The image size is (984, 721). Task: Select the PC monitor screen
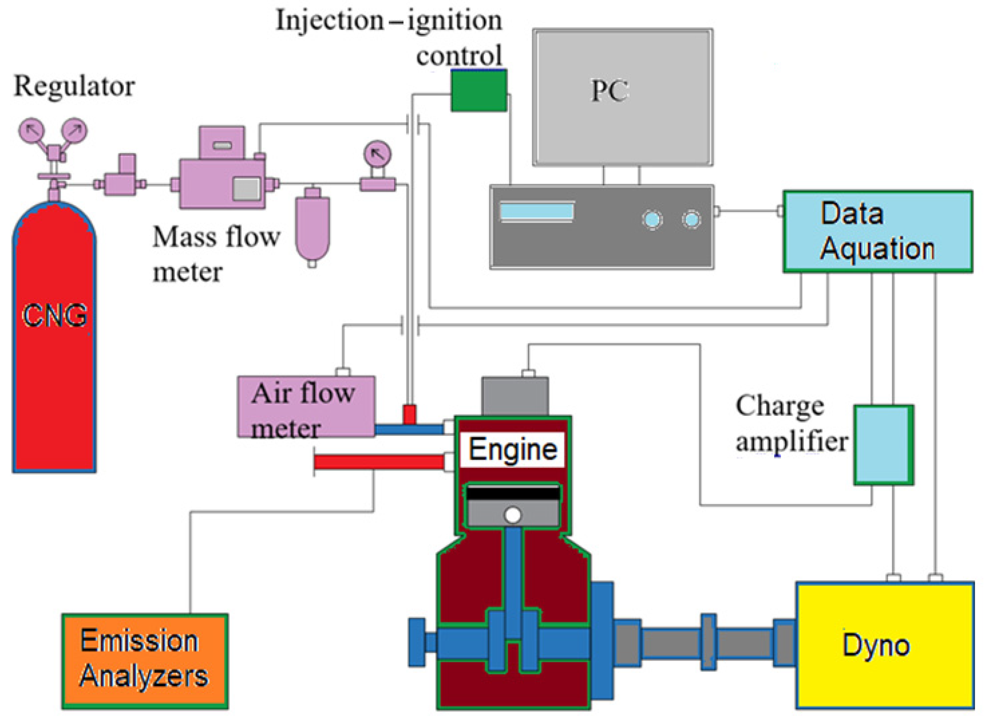pyautogui.click(x=622, y=97)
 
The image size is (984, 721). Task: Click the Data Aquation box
pyautogui.click(x=877, y=231)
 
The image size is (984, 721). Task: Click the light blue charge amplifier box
pyautogui.click(x=883, y=445)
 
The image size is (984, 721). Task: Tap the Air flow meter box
pyautogui.click(x=306, y=406)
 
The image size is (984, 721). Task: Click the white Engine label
pyautogui.click(x=512, y=450)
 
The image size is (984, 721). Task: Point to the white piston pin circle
pyautogui.click(x=512, y=515)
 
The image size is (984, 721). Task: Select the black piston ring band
pyautogui.click(x=512, y=493)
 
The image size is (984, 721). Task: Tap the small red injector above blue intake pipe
pyautogui.click(x=409, y=414)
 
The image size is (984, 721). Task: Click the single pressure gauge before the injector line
pyautogui.click(x=377, y=153)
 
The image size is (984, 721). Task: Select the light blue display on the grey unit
pyautogui.click(x=536, y=212)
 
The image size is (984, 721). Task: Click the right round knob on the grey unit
pyautogui.click(x=691, y=219)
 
